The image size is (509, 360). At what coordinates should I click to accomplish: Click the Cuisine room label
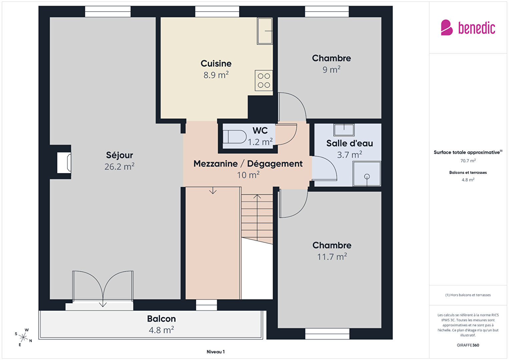point(216,64)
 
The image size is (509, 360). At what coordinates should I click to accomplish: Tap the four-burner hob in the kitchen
point(264,80)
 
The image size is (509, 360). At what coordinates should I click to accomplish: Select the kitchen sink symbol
point(265,31)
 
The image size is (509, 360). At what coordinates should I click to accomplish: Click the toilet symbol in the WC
point(234,136)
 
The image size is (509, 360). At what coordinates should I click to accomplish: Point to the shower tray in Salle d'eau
point(367,173)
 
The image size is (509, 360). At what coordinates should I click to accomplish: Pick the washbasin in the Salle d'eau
point(344,130)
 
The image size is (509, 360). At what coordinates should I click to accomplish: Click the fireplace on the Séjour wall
point(64,163)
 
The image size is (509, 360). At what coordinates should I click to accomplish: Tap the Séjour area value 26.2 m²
point(119,166)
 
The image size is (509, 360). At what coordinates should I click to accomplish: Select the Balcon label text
point(161,319)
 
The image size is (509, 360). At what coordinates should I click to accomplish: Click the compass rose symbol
point(23,337)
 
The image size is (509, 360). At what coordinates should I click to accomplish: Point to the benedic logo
point(468,28)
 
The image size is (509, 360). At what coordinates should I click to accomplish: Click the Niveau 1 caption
point(215,352)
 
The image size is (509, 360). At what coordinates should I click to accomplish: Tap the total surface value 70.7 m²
point(468,161)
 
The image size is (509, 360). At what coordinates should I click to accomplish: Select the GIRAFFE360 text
point(468,345)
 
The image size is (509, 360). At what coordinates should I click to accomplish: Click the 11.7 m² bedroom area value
point(332,257)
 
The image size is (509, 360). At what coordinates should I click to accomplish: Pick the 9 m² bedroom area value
point(331,69)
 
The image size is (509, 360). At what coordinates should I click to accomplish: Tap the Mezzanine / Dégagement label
point(248,163)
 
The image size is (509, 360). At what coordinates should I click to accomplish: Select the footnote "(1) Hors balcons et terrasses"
point(468,295)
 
